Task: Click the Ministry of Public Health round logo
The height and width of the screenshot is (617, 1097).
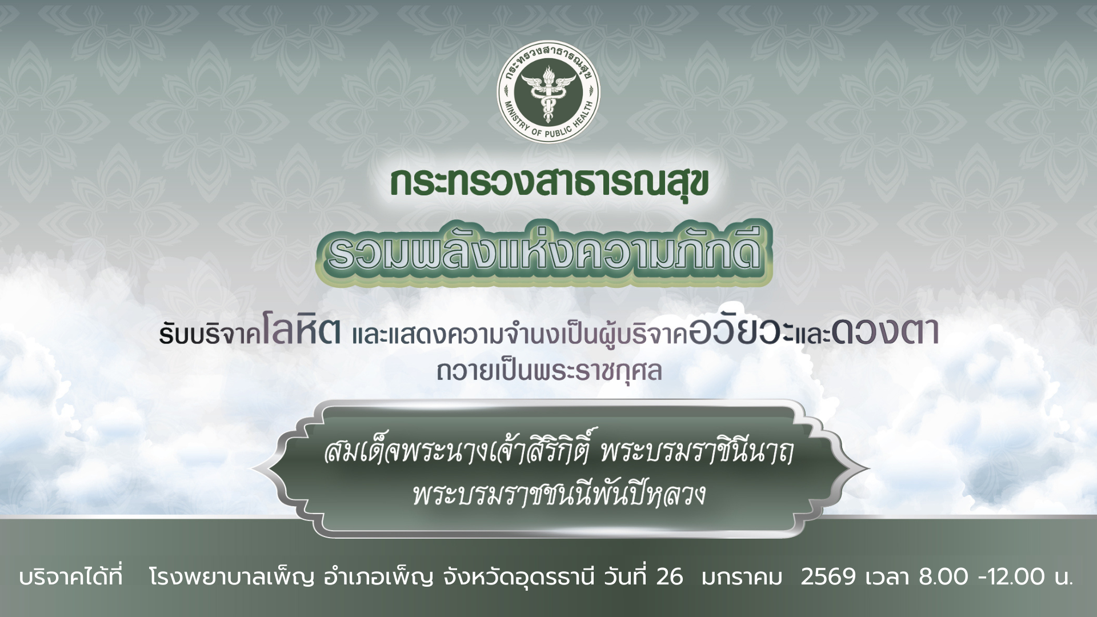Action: (x=548, y=92)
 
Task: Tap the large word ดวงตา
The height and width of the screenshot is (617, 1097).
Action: (x=885, y=332)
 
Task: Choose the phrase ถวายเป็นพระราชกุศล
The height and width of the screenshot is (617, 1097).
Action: (x=549, y=371)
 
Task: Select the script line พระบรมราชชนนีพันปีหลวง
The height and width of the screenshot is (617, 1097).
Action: (x=558, y=495)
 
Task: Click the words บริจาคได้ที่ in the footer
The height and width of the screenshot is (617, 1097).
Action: (x=71, y=577)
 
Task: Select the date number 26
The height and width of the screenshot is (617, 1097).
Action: (x=670, y=577)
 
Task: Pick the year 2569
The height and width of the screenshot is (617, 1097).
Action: (x=828, y=577)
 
